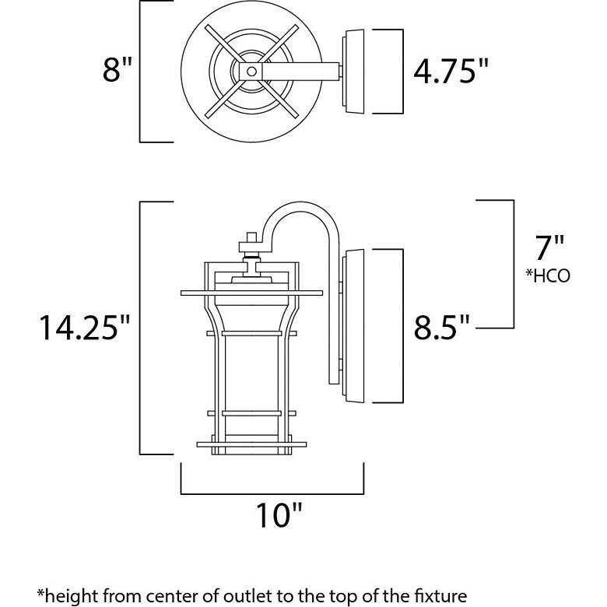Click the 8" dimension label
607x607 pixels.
114,71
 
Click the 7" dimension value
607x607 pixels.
549,248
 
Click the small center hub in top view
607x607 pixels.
251,71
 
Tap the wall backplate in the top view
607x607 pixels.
354,71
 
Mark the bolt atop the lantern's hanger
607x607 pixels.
251,239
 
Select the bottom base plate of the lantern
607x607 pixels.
251,445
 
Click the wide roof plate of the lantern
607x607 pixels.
251,293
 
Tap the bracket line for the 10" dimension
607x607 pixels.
272,493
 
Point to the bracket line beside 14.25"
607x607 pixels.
140,327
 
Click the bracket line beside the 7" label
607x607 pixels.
513,265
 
